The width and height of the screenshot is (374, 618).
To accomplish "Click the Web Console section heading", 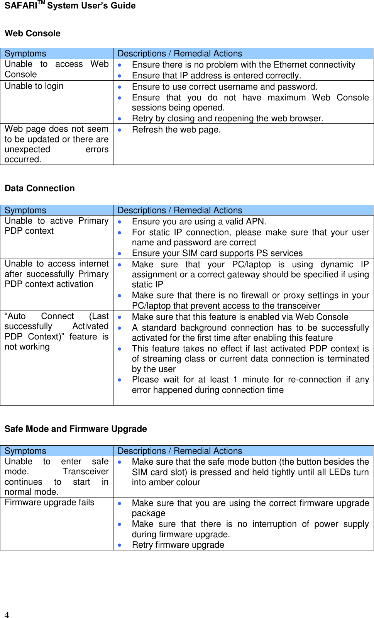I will (32, 34).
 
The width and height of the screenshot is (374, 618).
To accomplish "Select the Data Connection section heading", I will (39, 188).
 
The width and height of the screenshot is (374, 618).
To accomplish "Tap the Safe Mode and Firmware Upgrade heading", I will (76, 429).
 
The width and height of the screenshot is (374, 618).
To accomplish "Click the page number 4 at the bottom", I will (7, 615).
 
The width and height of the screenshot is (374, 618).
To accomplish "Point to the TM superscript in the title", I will (41, 3).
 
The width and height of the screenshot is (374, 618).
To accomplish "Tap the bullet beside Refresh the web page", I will (120, 130).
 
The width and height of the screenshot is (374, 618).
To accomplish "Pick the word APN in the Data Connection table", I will (255, 222).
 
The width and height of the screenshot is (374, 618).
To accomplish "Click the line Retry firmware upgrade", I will (178, 545).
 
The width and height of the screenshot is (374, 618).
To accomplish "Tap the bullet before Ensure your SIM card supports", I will (120, 254).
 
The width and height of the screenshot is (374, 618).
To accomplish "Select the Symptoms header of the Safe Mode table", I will (25, 451).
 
